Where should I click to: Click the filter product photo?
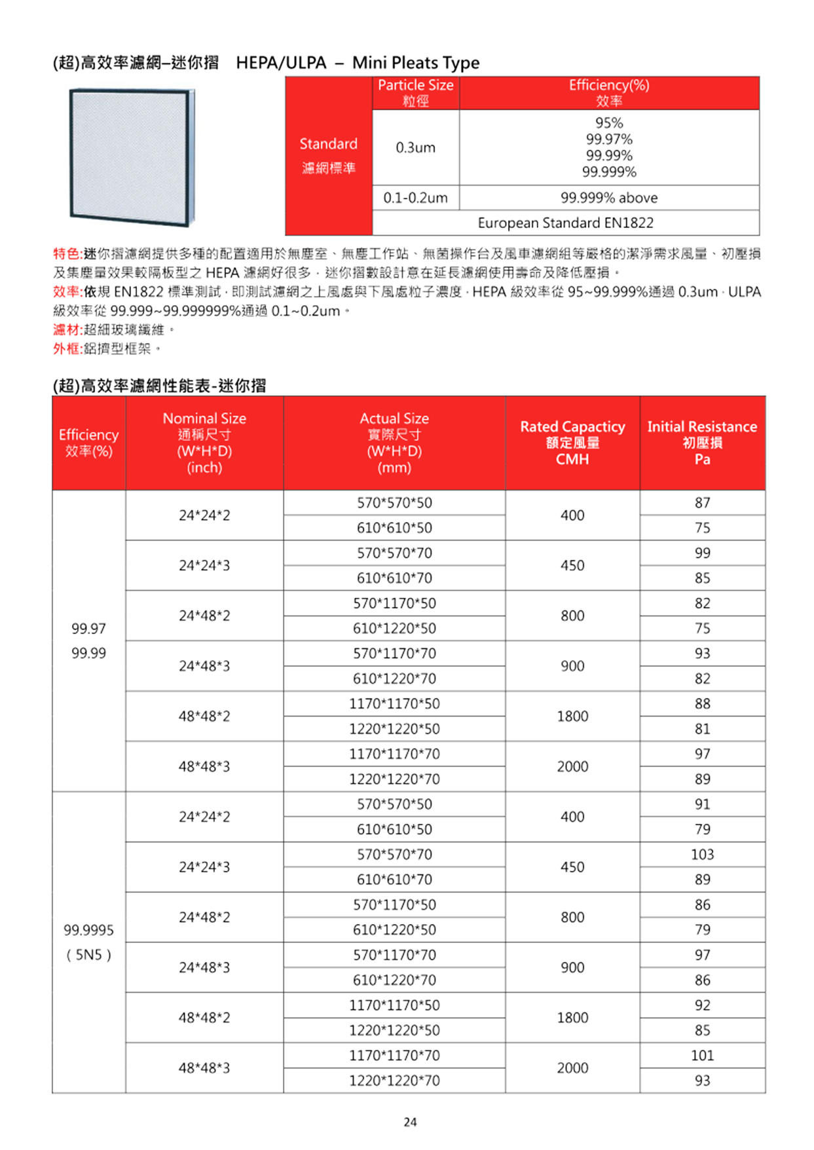pyautogui.click(x=132, y=157)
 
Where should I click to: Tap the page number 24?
pyautogui.click(x=410, y=1122)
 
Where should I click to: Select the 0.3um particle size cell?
pyautogui.click(x=415, y=147)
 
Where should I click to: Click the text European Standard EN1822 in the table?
pyautogui.click(x=565, y=223)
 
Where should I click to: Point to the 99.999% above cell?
pyautogui.click(x=608, y=198)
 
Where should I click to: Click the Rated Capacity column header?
pyautogui.click(x=572, y=443)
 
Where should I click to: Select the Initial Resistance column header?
pyautogui.click(x=702, y=443)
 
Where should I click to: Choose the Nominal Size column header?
pyautogui.click(x=204, y=443)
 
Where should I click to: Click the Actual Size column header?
pyautogui.click(x=394, y=443)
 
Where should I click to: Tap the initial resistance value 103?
pyautogui.click(x=702, y=855)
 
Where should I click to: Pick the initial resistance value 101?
pyautogui.click(x=702, y=1056)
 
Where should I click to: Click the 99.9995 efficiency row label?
pyautogui.click(x=88, y=930)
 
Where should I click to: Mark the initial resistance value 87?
pyautogui.click(x=702, y=503)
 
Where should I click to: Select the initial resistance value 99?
pyautogui.click(x=702, y=553)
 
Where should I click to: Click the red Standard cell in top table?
pyautogui.click(x=328, y=156)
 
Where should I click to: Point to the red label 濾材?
pyautogui.click(x=66, y=329)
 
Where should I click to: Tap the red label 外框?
pyautogui.click(x=66, y=348)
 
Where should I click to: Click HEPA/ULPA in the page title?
pyautogui.click(x=281, y=63)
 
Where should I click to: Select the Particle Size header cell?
pyautogui.click(x=415, y=92)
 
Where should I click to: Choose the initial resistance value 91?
pyautogui.click(x=702, y=804)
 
